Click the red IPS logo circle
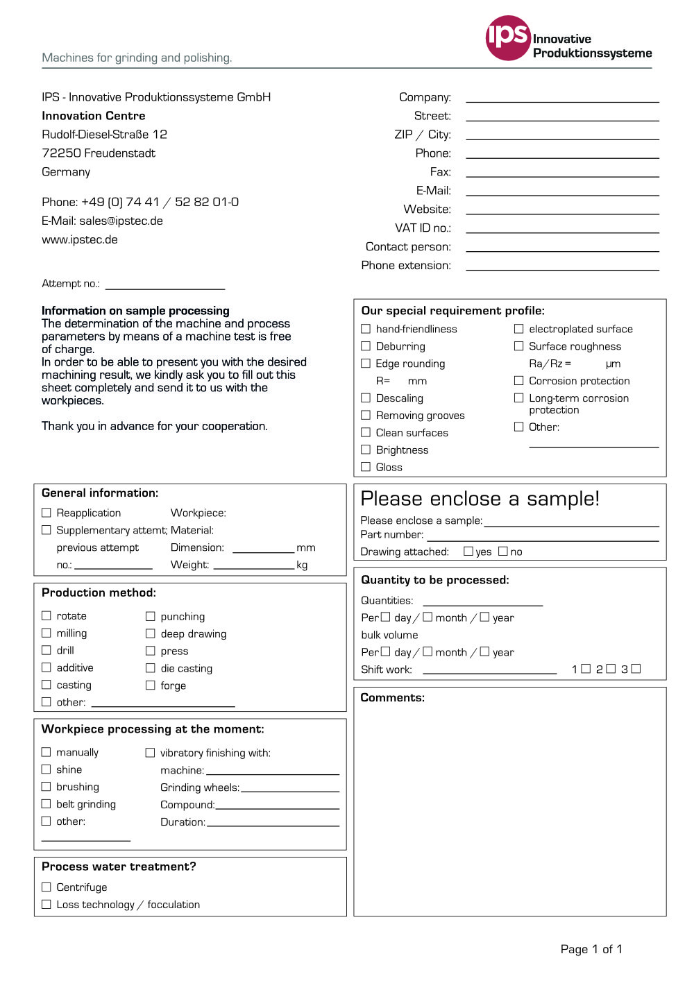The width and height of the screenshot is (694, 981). click(x=508, y=37)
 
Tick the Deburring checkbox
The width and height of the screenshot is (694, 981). click(x=366, y=346)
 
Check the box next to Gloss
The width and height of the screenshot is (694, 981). click(x=366, y=467)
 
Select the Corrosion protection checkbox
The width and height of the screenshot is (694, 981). click(x=518, y=380)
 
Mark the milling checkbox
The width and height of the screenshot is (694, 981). click(x=46, y=633)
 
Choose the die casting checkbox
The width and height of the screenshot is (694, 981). click(x=150, y=667)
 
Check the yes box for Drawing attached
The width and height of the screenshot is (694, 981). click(x=468, y=551)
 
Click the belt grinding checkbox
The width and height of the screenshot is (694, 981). click(x=46, y=803)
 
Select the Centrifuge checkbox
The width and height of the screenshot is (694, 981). click(x=46, y=887)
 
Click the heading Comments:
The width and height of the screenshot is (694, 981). click(x=392, y=697)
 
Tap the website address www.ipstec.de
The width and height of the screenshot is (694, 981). click(x=80, y=239)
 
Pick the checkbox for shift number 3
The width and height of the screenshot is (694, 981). click(x=636, y=668)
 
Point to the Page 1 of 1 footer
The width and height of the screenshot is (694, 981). click(x=591, y=949)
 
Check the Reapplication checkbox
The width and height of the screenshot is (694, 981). click(x=46, y=512)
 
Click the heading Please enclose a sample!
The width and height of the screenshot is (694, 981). click(x=480, y=499)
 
